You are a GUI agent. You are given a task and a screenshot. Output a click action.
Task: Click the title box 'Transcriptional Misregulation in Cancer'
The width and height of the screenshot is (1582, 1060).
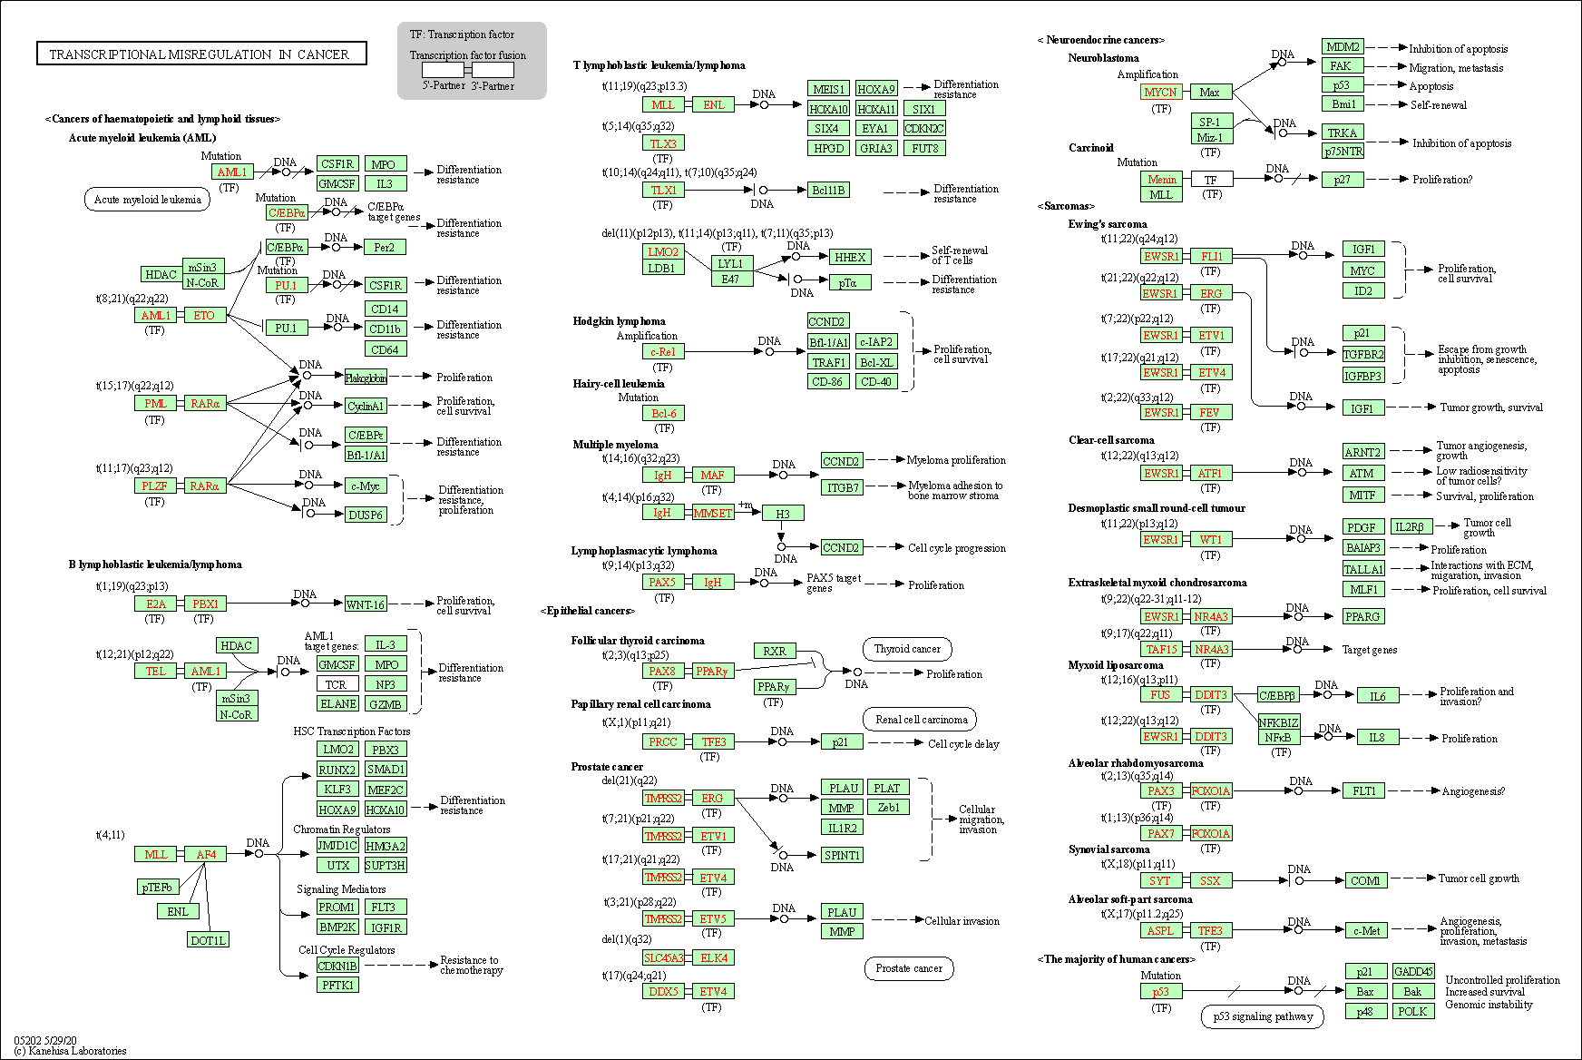tap(201, 54)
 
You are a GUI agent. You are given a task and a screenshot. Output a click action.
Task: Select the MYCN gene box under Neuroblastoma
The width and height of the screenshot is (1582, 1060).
tap(1160, 92)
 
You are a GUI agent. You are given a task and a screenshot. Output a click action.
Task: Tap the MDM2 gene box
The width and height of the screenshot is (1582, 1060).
tap(1343, 47)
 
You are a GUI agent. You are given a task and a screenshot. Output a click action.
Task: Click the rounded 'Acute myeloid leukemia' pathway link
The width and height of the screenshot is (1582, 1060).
tap(147, 200)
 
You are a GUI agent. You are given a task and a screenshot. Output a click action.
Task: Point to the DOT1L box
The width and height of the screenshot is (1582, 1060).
tap(208, 940)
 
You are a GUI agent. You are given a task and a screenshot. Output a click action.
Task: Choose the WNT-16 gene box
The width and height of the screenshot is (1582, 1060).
tap(366, 604)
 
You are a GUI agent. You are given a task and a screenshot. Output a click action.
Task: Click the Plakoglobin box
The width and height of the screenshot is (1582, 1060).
tap(366, 378)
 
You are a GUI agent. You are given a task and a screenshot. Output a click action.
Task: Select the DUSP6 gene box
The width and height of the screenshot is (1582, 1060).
tap(366, 515)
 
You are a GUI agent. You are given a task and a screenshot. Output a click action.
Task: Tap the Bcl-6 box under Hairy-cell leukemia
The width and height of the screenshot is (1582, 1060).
tap(663, 413)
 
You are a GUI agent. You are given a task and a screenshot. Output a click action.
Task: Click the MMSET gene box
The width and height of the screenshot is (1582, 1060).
tap(712, 513)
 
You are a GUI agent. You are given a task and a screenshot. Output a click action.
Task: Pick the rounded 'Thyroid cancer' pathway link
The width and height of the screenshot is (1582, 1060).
tap(907, 649)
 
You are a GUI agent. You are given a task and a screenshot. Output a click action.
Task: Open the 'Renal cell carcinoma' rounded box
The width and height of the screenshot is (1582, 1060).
tap(921, 720)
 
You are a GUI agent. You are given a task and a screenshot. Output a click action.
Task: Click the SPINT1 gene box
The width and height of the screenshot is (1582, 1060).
tap(842, 855)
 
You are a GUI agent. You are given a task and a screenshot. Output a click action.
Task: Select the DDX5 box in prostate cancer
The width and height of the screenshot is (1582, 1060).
tap(663, 991)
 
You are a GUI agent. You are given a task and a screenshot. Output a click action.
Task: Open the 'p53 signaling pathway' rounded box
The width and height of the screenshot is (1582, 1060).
tap(1263, 1016)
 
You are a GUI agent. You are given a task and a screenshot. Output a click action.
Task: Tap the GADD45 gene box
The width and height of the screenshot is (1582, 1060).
tap(1413, 971)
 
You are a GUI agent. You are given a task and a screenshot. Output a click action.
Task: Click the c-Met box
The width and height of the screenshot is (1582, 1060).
tap(1366, 930)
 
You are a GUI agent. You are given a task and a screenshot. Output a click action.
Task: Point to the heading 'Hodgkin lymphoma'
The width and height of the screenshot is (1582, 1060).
tap(619, 321)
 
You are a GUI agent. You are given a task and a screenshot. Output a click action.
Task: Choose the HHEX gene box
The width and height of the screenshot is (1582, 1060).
tap(850, 257)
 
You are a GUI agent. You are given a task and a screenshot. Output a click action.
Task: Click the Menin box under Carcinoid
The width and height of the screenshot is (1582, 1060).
tap(1161, 179)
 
